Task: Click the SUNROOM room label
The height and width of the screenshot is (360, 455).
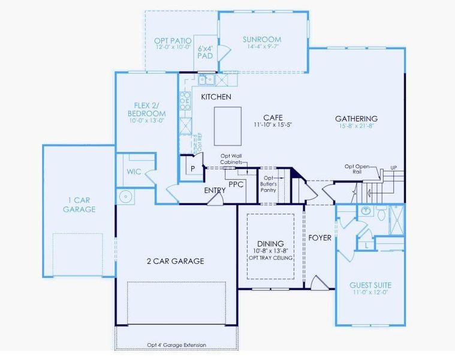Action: pyautogui.click(x=262, y=40)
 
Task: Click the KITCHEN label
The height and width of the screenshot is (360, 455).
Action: pyautogui.click(x=216, y=97)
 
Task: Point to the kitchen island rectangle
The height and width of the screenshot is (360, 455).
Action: pyautogui.click(x=227, y=126)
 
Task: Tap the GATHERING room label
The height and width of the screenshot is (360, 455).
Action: pyautogui.click(x=356, y=119)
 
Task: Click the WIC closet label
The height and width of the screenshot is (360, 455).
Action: pyautogui.click(x=134, y=172)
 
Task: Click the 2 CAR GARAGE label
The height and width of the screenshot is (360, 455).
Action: pyautogui.click(x=176, y=261)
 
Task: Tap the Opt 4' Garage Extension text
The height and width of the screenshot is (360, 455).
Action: pyautogui.click(x=176, y=345)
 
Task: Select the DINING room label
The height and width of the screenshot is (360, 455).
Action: pyautogui.click(x=270, y=244)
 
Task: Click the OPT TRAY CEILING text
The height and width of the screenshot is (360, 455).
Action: pyautogui.click(x=270, y=258)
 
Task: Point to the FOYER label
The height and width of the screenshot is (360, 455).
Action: pyautogui.click(x=320, y=238)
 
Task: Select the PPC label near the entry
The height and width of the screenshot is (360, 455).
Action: pyautogui.click(x=236, y=184)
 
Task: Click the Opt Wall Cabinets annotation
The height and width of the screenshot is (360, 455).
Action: pyautogui.click(x=230, y=160)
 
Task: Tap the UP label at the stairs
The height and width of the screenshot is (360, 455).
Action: pyautogui.click(x=393, y=167)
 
